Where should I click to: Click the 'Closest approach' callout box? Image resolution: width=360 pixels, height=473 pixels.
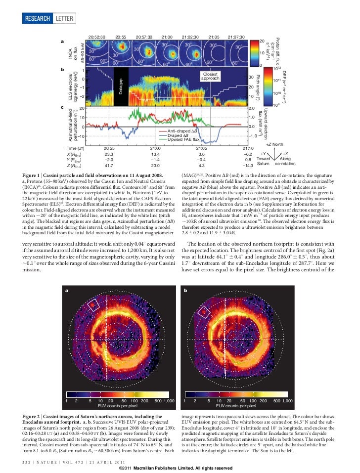210,76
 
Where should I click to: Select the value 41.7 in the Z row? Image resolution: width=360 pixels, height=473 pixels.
109,165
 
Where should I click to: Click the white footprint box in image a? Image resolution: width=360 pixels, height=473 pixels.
93,305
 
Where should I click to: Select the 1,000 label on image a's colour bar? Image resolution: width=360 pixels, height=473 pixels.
169,400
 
